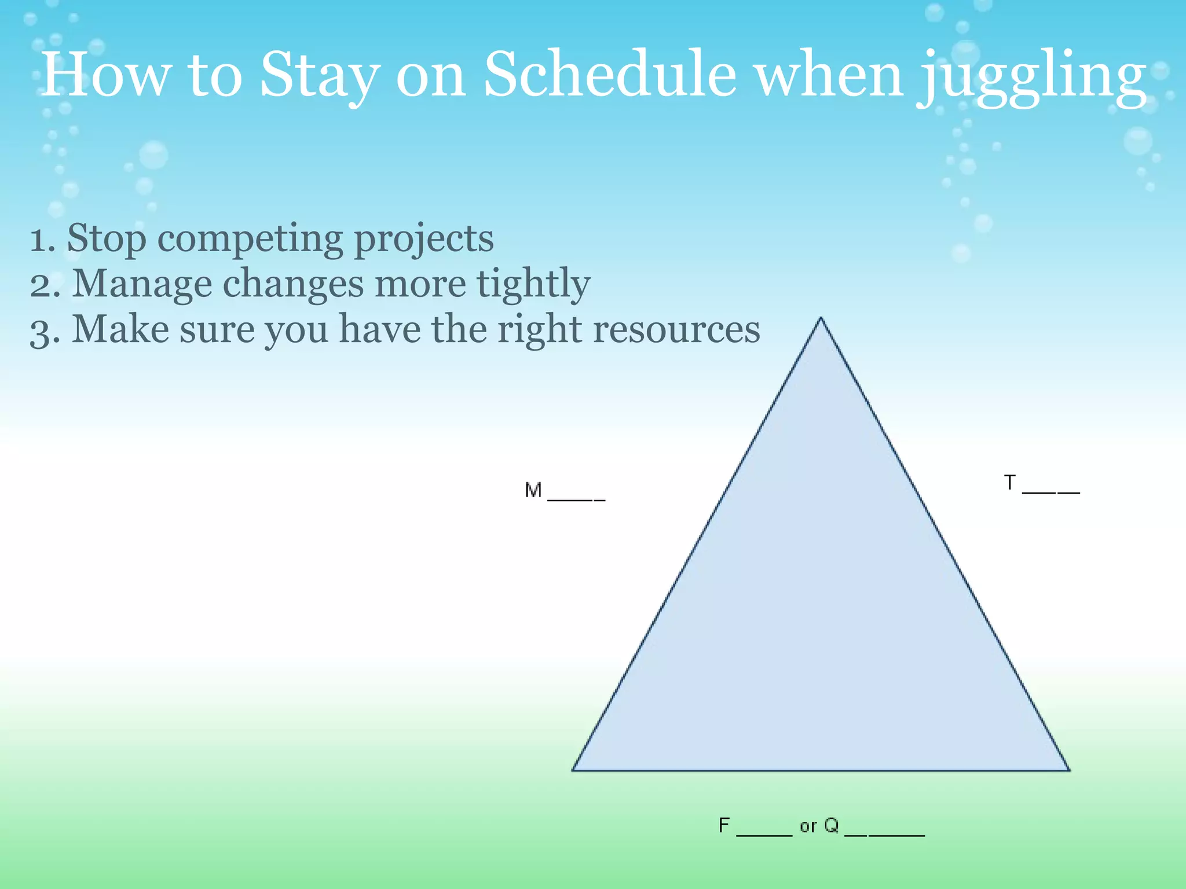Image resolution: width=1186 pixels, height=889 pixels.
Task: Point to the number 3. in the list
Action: [x=45, y=330]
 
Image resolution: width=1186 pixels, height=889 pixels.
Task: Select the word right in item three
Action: [x=539, y=330]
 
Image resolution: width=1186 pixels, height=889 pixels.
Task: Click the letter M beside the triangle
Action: [x=533, y=490]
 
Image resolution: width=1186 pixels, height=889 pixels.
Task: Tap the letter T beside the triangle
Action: [x=1009, y=482]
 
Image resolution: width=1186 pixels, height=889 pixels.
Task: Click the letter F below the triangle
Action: [x=724, y=825]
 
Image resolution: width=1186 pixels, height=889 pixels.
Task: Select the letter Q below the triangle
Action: [x=831, y=825]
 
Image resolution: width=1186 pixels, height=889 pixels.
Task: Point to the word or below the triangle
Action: [x=807, y=826]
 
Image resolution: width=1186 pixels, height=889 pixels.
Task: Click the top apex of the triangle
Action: [x=821, y=318]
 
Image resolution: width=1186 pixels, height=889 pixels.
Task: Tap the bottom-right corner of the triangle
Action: [x=1068, y=770]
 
